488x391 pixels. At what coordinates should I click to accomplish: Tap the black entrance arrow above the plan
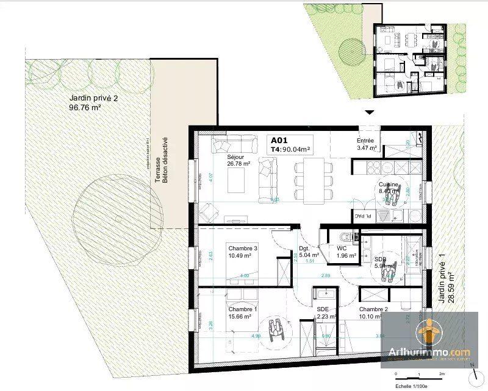tap(368, 113)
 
